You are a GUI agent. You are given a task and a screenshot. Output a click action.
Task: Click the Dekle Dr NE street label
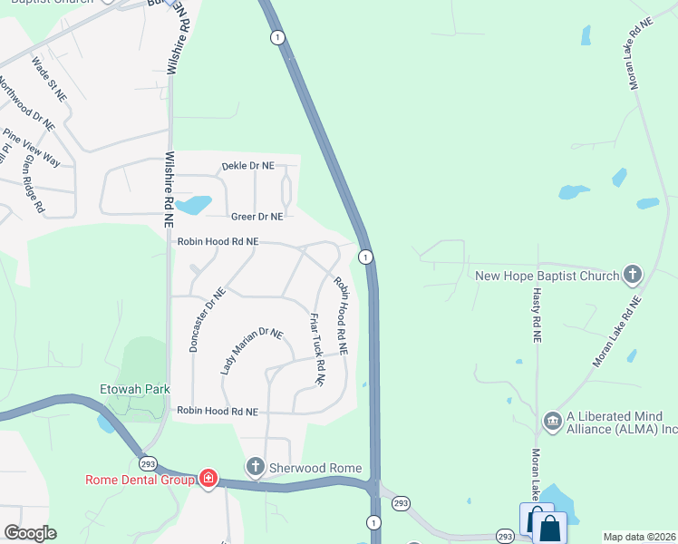point(247,166)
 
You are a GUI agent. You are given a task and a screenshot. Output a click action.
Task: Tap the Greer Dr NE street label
point(257,217)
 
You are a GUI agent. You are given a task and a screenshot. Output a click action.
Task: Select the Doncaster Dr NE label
point(206,320)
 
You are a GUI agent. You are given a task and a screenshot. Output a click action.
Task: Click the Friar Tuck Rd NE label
point(317,349)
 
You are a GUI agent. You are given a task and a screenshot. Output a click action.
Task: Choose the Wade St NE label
point(50,78)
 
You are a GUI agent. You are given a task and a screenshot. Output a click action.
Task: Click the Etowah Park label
point(135,389)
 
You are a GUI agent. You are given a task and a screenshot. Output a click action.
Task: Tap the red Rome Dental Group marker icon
point(208,478)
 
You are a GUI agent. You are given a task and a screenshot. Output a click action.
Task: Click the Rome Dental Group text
point(140,480)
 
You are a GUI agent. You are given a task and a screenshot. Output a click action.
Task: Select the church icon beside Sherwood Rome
point(256,468)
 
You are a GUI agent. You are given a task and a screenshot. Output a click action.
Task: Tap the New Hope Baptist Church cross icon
point(633,275)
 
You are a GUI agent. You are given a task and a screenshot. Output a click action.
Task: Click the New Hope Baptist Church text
point(547,276)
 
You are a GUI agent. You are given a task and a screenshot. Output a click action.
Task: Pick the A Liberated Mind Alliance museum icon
point(552,421)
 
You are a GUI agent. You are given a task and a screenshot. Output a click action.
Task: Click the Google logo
point(30,533)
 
